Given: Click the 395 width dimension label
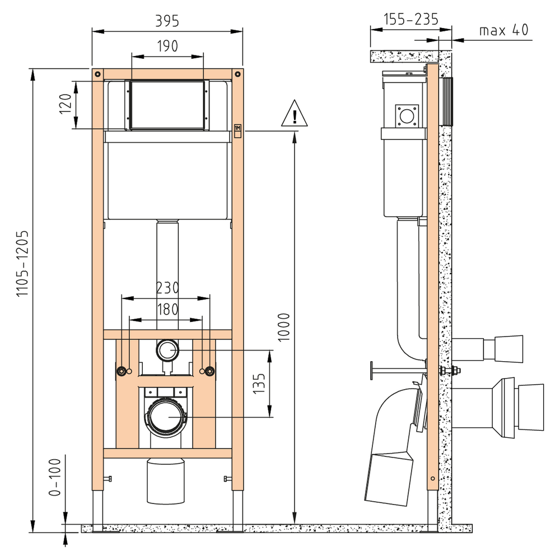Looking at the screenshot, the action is pos(167,21).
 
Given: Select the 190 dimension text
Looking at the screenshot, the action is pos(167,46).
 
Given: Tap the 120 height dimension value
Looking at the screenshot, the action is pos(66,104).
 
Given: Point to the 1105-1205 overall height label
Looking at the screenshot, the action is pos(22,263).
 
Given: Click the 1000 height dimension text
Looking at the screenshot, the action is pos(284,327).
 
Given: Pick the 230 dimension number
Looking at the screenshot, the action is pos(167,288).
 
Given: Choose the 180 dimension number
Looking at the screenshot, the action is pos(167,309).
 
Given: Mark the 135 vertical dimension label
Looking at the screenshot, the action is pos(259,383).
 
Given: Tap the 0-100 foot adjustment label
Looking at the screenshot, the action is pos(55,478).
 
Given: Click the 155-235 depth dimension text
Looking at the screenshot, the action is pos(410,19).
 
